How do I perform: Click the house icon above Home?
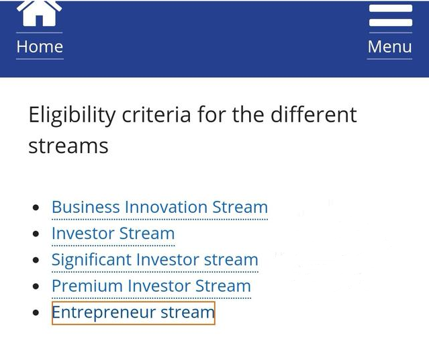pos(39,13)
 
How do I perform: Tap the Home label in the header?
pos(40,46)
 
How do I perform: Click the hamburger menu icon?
pos(391,15)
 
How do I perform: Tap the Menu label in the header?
pos(389,46)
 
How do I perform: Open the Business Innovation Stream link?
pos(160,207)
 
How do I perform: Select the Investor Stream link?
pos(113,233)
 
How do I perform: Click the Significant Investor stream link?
pos(155,260)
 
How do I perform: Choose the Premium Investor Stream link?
pos(151,286)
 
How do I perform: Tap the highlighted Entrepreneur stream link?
pos(133,312)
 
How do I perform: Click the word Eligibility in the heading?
pos(73,115)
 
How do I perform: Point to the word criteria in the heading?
pos(156,114)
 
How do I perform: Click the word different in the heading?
pos(314,114)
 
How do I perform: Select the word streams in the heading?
pos(68,146)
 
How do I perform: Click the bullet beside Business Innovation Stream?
pos(36,208)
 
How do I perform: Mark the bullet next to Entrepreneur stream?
pos(36,312)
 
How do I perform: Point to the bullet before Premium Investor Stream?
pos(36,286)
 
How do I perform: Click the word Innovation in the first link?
pos(166,207)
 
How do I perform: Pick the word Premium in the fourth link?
pos(87,286)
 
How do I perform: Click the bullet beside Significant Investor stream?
pos(36,260)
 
